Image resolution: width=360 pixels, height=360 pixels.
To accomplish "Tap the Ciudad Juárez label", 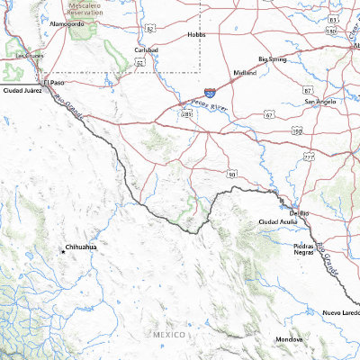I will pos(23,91).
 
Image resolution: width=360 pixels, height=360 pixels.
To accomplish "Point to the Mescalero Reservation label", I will pos(85,8).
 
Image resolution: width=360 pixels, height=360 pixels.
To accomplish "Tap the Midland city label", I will pos(245,72).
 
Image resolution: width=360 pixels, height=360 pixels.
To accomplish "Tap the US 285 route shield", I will pos(188,115).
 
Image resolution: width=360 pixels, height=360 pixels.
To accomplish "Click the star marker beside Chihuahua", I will pos(62,253).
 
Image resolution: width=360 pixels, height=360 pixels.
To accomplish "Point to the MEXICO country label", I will pos(168,334).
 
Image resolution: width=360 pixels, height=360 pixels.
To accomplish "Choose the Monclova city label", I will pos(289,339).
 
